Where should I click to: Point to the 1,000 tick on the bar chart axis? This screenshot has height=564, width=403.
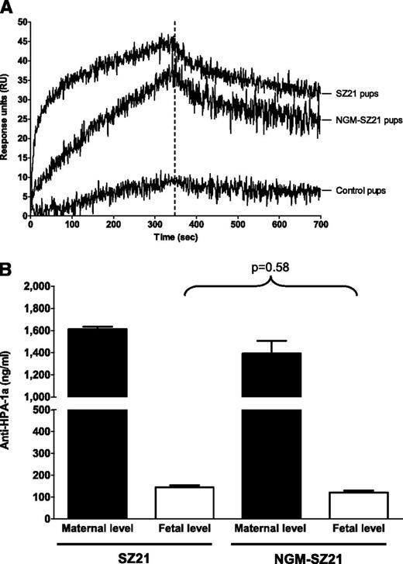[33, 396]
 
